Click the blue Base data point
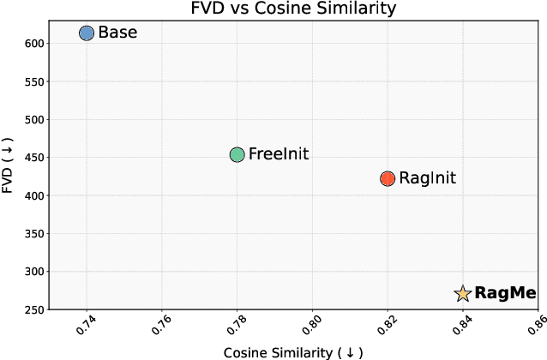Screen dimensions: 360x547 pyautogui.click(x=87, y=33)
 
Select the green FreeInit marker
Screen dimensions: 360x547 pyautogui.click(x=237, y=155)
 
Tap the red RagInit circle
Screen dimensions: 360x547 pyautogui.click(x=388, y=178)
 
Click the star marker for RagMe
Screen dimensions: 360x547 pyautogui.click(x=463, y=294)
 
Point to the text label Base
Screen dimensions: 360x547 pyautogui.click(x=117, y=33)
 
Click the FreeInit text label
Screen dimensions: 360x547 pyautogui.click(x=278, y=155)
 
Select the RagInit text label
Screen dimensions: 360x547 pyautogui.click(x=429, y=178)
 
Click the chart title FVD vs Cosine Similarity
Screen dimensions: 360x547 pyautogui.click(x=292, y=9)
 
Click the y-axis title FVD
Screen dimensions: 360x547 pyautogui.click(x=9, y=164)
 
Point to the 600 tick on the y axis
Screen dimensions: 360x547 pyautogui.click(x=34, y=44)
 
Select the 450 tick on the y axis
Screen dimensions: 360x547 pyautogui.click(x=34, y=158)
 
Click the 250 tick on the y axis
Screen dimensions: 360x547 pyautogui.click(x=34, y=309)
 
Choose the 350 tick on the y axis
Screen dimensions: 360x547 pyautogui.click(x=34, y=233)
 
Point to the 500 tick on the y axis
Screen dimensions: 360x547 pyautogui.click(x=34, y=120)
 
